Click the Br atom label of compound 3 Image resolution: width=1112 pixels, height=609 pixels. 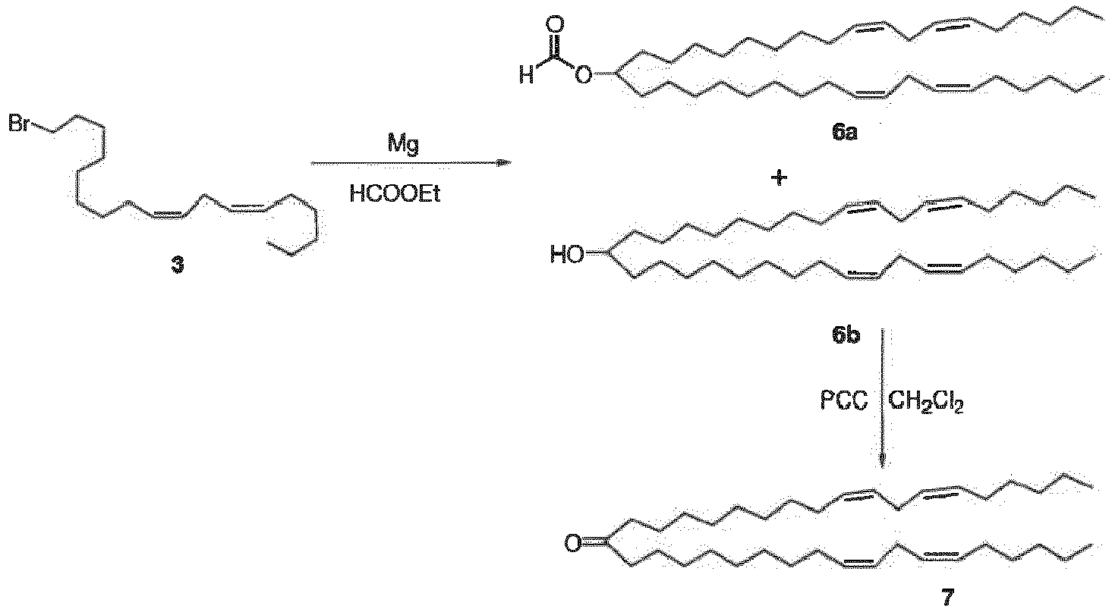tap(19, 124)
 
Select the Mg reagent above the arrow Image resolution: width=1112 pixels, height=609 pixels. tap(403, 144)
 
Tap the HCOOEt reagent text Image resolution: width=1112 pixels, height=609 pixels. tap(395, 194)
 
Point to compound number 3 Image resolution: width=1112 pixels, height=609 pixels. tap(177, 266)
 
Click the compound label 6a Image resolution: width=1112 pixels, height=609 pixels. tap(845, 133)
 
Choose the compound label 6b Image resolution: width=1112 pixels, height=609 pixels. tap(846, 336)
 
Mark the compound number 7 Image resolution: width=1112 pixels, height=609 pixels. tap(948, 598)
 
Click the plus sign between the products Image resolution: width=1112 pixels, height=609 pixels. tap(780, 177)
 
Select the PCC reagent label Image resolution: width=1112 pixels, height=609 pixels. tap(844, 401)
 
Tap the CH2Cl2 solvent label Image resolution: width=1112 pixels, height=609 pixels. tap(926, 402)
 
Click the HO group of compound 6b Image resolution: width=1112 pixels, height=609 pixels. tap(568, 255)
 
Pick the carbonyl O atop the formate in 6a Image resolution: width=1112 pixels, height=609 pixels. tap(555, 24)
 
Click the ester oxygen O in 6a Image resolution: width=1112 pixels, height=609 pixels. tap(584, 76)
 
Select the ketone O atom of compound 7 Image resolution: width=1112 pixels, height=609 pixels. tap(572, 544)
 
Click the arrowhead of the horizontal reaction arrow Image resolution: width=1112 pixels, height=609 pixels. tap(504, 162)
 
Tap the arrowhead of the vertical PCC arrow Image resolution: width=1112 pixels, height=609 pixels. tap(882, 462)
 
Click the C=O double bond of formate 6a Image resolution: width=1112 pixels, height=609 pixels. tap(556, 48)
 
